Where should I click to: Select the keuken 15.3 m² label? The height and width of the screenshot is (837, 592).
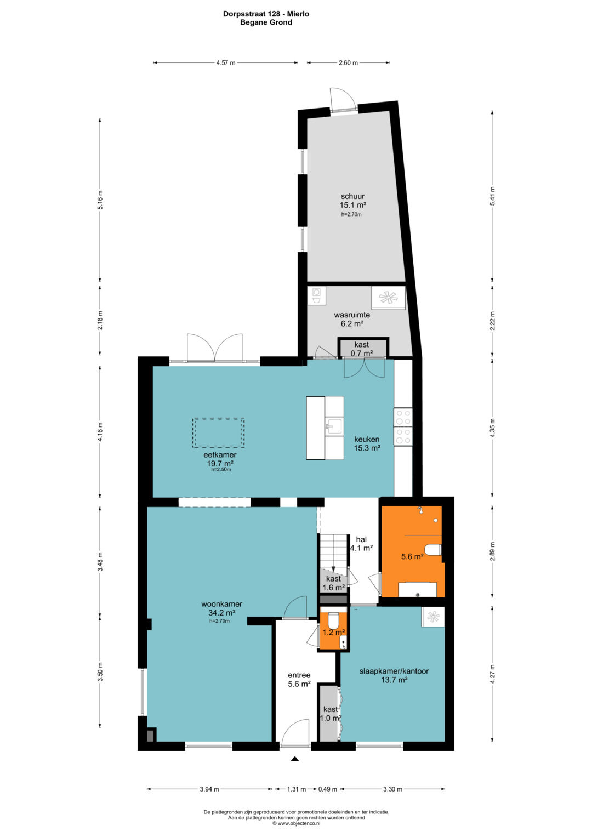[367, 443]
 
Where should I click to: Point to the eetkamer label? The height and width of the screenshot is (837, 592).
[220, 455]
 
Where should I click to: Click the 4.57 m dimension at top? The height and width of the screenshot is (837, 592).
[226, 63]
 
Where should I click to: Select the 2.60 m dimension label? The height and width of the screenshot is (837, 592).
[348, 63]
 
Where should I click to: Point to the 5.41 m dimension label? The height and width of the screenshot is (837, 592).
[492, 196]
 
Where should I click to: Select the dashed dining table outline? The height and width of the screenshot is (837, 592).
[219, 432]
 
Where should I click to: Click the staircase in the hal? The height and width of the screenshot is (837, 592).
[334, 553]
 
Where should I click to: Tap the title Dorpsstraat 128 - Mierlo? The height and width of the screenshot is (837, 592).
[266, 14]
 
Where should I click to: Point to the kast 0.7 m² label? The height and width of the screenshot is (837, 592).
[362, 349]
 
